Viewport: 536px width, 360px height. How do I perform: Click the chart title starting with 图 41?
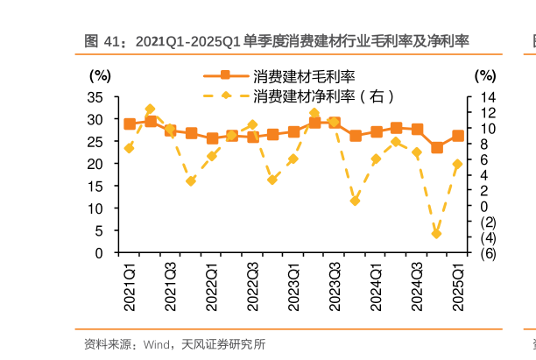coord(277,41)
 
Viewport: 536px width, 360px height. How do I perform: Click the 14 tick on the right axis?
coord(488,96)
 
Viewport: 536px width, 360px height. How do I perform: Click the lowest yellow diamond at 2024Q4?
coord(437,233)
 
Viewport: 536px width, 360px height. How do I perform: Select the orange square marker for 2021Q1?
coord(130,124)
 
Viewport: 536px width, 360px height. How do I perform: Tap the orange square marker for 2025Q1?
coord(458,136)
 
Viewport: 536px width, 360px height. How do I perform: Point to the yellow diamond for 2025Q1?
coord(457,164)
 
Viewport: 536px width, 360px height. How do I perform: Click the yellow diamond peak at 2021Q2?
coord(150,109)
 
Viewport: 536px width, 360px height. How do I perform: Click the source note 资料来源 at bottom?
coord(174,343)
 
